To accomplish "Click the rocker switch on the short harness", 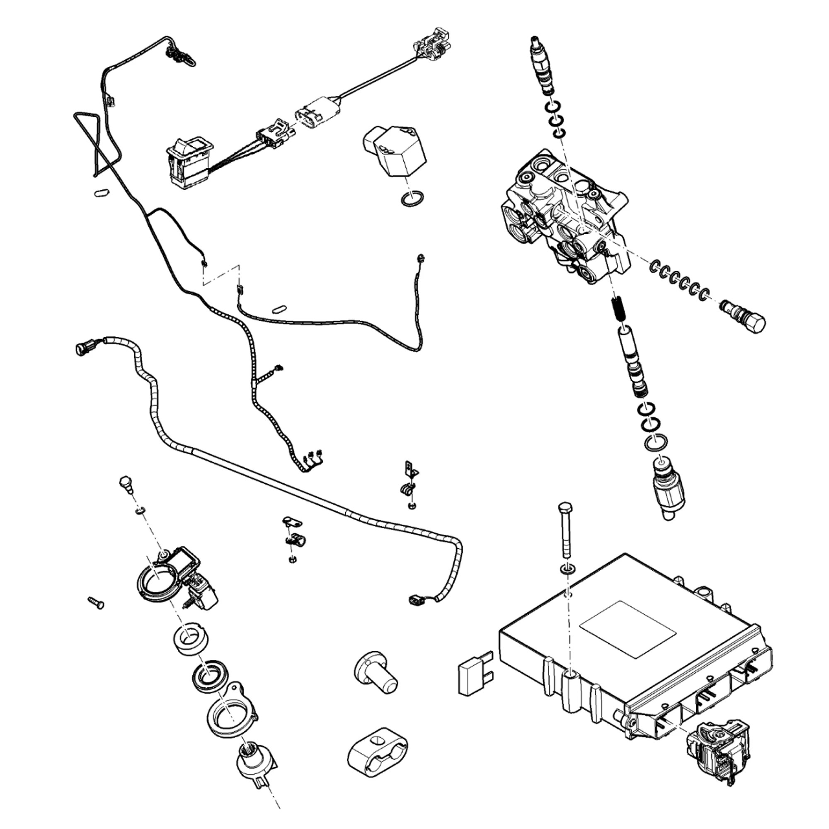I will pos(189,161).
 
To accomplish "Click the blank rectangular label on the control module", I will pos(628,630).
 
